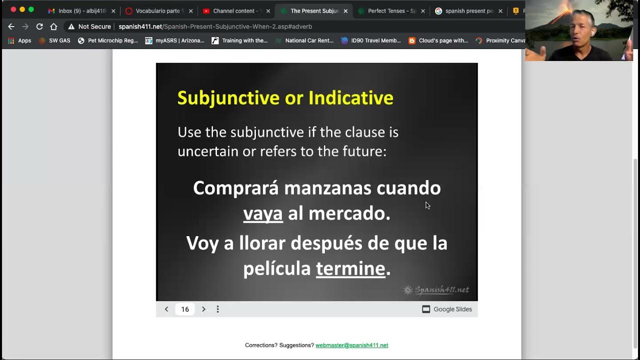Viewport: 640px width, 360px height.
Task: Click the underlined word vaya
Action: pyautogui.click(x=263, y=213)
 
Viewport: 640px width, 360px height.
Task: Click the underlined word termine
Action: pyautogui.click(x=350, y=268)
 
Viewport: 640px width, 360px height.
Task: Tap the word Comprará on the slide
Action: pyautogui.click(x=235, y=188)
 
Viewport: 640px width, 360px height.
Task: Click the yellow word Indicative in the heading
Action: pyautogui.click(x=350, y=97)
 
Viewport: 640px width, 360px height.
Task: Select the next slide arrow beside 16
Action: pyautogui.click(x=203, y=309)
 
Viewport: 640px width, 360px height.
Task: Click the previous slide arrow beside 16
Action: pyautogui.click(x=166, y=309)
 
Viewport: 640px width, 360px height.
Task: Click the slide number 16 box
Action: pyautogui.click(x=185, y=309)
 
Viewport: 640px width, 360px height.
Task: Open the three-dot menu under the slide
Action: pyautogui.click(x=217, y=309)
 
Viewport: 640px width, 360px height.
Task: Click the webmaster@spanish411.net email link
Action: pyautogui.click(x=351, y=345)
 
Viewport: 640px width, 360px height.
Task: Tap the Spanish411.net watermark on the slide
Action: pyautogui.click(x=436, y=290)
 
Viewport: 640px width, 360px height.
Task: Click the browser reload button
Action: pyautogui.click(x=39, y=26)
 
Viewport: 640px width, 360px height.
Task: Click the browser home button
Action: pyautogui.click(x=53, y=26)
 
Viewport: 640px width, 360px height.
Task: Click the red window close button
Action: pyautogui.click(x=13, y=9)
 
